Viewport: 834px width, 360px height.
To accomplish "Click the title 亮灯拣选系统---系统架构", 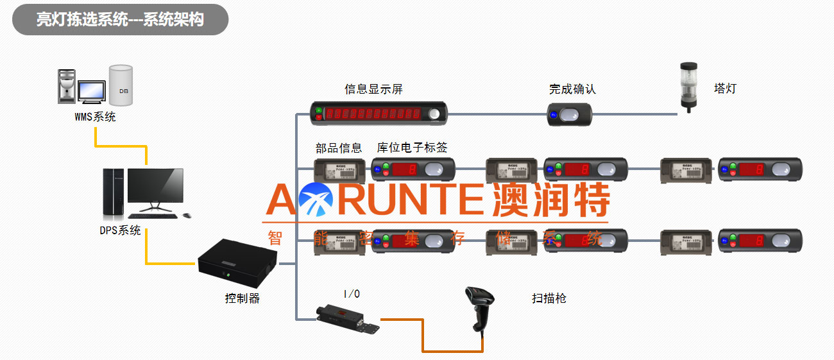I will (120, 19).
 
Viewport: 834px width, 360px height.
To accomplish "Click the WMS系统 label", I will (95, 117).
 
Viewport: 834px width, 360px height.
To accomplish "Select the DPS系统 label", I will (120, 230).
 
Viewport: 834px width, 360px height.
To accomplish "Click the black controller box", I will (237, 262).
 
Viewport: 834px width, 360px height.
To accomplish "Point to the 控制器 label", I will (242, 298).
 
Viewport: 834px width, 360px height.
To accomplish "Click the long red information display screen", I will (379, 114).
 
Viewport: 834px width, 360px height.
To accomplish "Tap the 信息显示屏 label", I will (373, 89).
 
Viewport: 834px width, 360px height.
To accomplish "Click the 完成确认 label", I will (572, 89).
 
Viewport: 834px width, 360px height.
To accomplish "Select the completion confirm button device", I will (569, 115).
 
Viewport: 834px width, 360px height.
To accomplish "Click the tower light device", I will (689, 86).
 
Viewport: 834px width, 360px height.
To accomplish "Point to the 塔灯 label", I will (725, 89).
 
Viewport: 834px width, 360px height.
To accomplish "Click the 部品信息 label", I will (339, 148).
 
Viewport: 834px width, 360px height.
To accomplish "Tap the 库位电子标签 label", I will (412, 148).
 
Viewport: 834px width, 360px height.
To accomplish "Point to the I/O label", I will (352, 294).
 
